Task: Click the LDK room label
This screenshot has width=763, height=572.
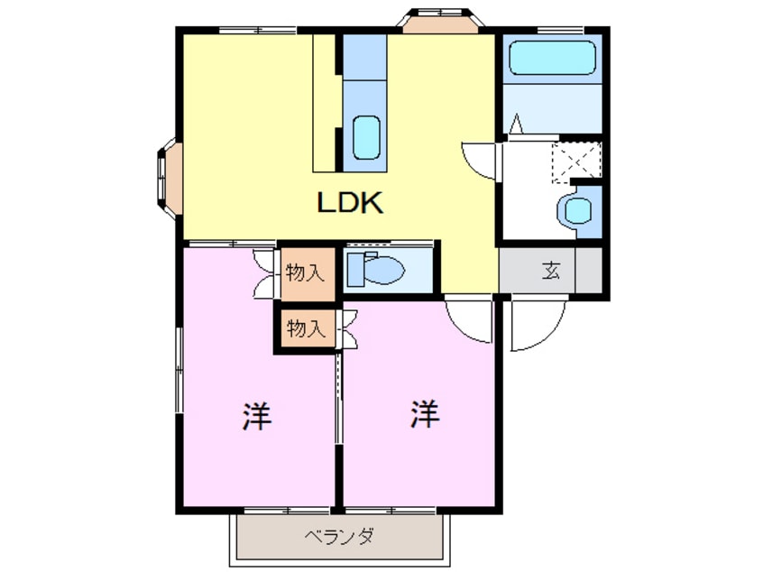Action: [x=351, y=202]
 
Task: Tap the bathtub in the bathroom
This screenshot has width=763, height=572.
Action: [x=553, y=59]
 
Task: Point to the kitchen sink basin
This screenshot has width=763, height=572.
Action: [x=365, y=136]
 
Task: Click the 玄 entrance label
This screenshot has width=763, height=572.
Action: [x=551, y=269]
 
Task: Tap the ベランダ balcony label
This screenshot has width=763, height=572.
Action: [x=339, y=538]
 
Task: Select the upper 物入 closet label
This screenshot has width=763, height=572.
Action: [x=304, y=272]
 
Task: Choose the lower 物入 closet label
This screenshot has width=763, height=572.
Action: [x=304, y=328]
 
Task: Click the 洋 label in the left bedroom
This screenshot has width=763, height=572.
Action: [x=257, y=416]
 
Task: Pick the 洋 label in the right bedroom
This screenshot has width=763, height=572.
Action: [x=425, y=414]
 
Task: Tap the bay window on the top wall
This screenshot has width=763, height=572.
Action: [x=439, y=21]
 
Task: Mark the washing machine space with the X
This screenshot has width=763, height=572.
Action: [x=575, y=161]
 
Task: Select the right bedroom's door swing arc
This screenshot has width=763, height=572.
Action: [x=468, y=319]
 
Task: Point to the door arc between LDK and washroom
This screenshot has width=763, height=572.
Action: [x=480, y=160]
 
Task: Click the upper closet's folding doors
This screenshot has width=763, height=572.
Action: [x=264, y=272]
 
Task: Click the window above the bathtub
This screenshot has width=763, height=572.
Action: [x=551, y=30]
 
